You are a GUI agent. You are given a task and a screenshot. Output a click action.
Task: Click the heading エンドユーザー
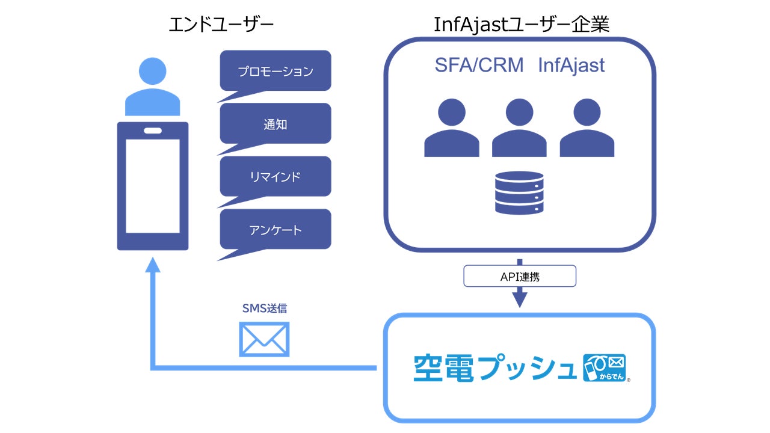tap(221, 25)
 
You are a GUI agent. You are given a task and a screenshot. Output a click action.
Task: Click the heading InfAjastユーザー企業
tap(522, 25)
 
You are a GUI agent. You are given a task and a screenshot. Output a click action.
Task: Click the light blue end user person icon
tap(152, 87)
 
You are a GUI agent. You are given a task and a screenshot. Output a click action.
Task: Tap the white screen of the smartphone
tap(153, 186)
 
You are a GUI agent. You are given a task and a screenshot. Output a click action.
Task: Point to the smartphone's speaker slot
tap(153, 131)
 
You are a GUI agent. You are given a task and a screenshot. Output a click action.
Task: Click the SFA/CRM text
tap(479, 65)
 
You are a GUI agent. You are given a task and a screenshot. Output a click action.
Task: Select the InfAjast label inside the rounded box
tap(571, 66)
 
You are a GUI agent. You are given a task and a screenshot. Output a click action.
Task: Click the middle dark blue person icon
tap(519, 128)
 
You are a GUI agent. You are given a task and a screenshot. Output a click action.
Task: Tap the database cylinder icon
tap(519, 193)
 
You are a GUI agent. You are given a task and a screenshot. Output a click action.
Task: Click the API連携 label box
tap(520, 276)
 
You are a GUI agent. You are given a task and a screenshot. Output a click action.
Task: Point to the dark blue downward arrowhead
tap(520, 300)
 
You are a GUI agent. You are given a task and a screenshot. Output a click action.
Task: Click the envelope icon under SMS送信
tap(264, 339)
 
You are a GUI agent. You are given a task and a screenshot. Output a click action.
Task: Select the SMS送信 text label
tap(264, 309)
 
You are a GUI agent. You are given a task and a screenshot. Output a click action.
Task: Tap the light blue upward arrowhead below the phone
tap(153, 265)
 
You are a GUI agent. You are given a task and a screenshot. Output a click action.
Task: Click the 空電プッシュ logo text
tap(495, 368)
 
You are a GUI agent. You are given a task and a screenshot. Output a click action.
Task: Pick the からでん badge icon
tap(605, 367)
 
